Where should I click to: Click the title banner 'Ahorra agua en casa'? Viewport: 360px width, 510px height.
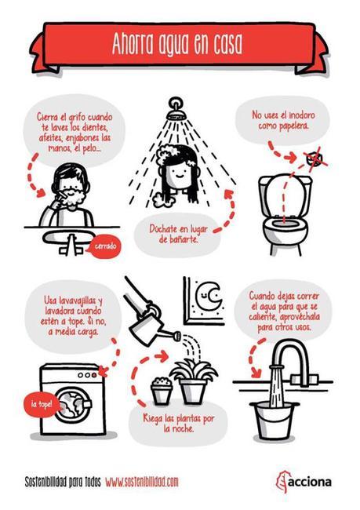180,42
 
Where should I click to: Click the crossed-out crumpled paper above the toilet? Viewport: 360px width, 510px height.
314,159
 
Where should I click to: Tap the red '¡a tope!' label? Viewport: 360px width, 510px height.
41,406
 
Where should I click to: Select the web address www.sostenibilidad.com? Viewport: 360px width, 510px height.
141,480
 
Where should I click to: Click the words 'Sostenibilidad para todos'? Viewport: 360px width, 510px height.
58,480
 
